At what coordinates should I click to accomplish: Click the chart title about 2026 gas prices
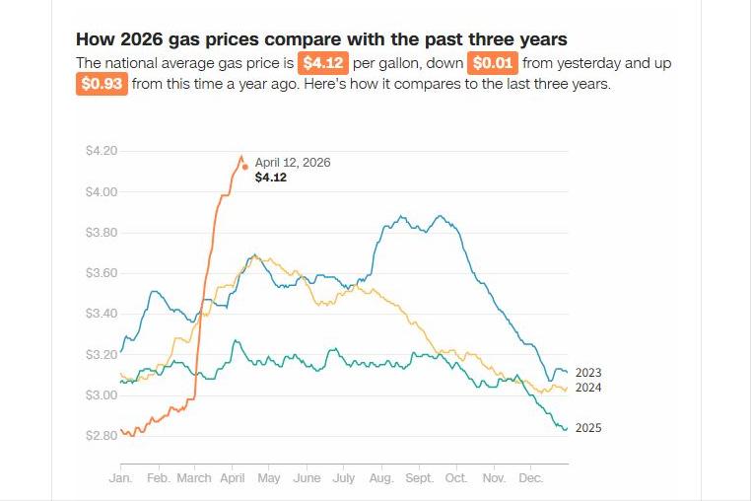coord(321,39)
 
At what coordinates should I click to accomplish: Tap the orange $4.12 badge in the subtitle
coord(323,63)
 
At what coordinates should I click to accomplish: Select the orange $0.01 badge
coord(493,63)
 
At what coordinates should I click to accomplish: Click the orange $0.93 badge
coord(102,84)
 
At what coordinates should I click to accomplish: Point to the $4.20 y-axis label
coord(102,151)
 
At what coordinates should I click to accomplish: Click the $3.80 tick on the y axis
coord(102,233)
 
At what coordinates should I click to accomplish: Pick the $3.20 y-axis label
coord(102,354)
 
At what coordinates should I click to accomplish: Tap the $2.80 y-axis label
coord(102,435)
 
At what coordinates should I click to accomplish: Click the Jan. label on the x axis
coord(120,478)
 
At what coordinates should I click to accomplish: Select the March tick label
coord(194,478)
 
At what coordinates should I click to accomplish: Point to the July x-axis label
coord(343,478)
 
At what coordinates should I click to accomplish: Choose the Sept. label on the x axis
coord(419,478)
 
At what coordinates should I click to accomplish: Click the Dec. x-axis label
coord(530,478)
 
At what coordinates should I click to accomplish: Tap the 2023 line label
coord(588,373)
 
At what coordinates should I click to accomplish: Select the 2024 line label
coord(588,388)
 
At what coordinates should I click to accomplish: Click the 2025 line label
coord(588,428)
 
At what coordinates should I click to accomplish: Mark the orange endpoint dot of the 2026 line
coord(244,167)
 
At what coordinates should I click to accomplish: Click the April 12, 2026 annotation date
coord(293,163)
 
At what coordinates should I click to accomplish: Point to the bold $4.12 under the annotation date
coord(270,179)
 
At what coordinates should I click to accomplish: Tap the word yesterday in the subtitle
coord(589,63)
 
